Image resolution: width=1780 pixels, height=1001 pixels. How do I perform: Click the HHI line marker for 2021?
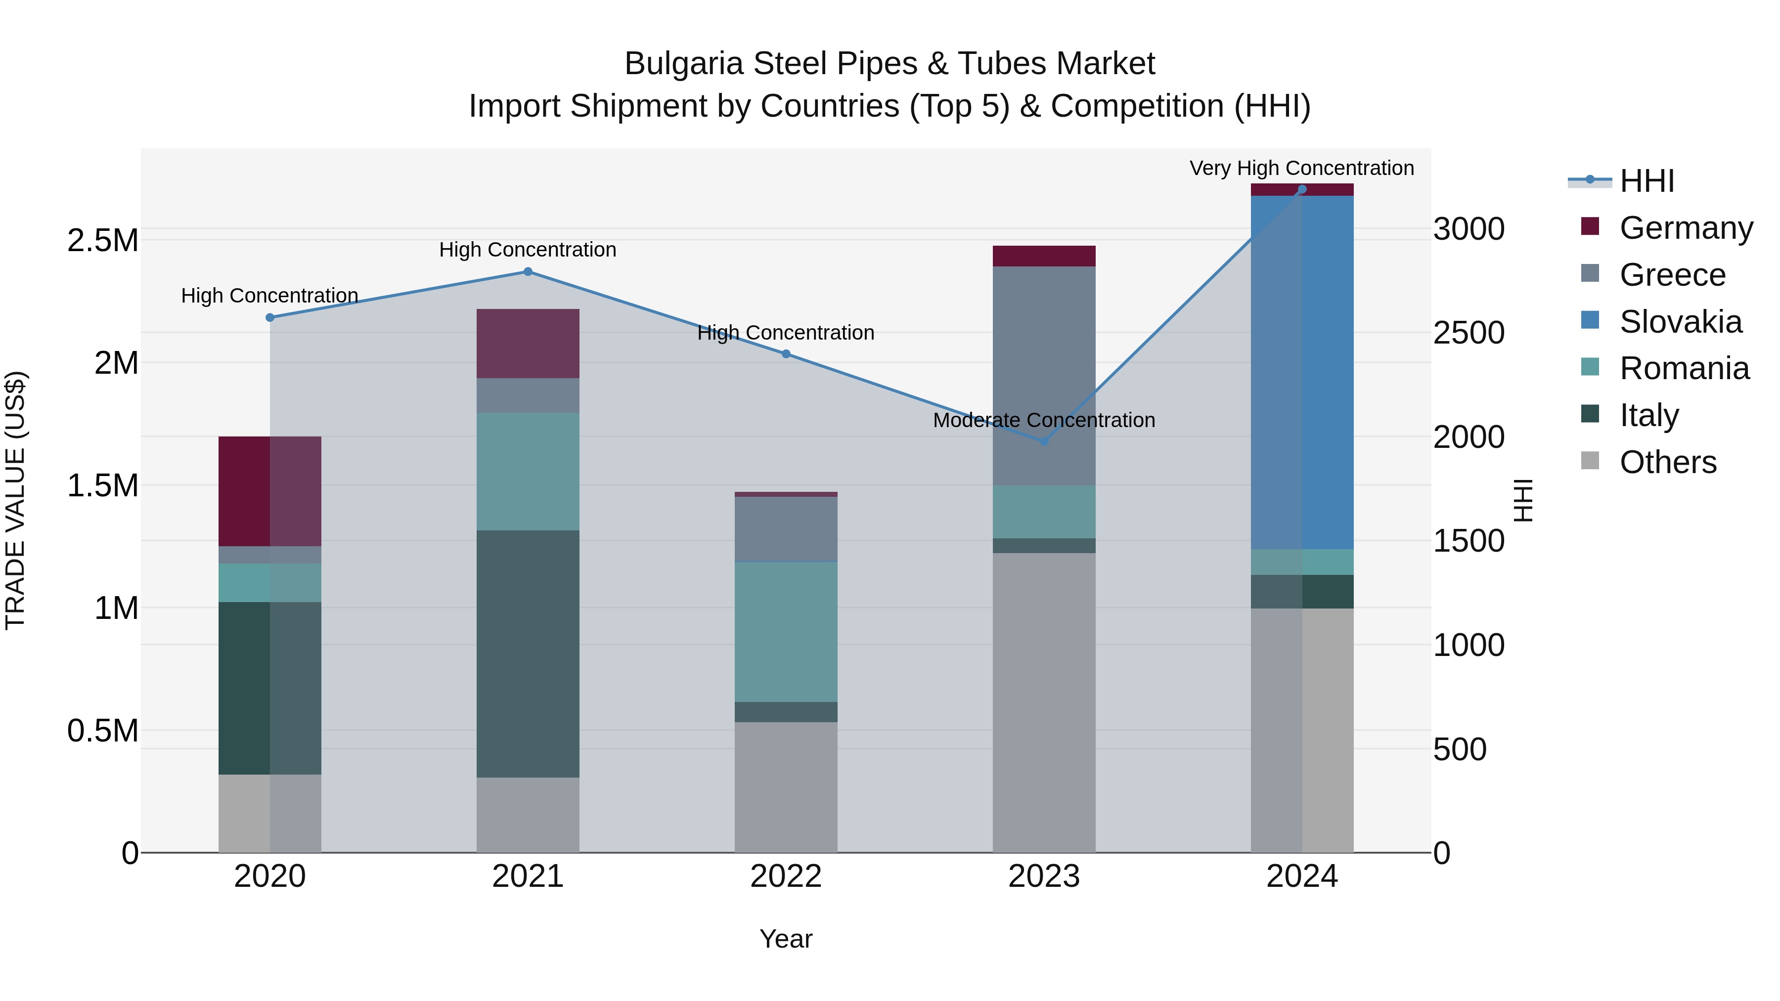pyautogui.click(x=528, y=271)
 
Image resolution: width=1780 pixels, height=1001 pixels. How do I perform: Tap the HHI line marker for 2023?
pyautogui.click(x=1044, y=441)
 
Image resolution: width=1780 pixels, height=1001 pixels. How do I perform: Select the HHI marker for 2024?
pyautogui.click(x=1302, y=189)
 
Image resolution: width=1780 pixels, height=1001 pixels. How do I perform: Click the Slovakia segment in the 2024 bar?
pyautogui.click(x=1302, y=373)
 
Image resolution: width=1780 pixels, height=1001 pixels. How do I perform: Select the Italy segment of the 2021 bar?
pyautogui.click(x=528, y=653)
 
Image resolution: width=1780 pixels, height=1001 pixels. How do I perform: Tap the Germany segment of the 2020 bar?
pyautogui.click(x=269, y=491)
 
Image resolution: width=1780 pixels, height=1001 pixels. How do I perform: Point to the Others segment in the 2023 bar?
pyautogui.click(x=1044, y=702)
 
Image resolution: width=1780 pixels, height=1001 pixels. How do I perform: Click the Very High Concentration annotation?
pyautogui.click(x=1301, y=168)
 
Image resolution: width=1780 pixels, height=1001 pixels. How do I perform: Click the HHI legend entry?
pyautogui.click(x=1646, y=181)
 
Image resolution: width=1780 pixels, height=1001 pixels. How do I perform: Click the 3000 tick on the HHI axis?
pyautogui.click(x=1468, y=229)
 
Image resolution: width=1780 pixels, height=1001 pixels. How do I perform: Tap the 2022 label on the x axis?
pyautogui.click(x=786, y=876)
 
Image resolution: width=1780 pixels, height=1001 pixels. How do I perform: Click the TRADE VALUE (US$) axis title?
pyautogui.click(x=15, y=500)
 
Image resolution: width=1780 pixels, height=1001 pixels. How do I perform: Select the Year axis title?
pyautogui.click(x=786, y=939)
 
